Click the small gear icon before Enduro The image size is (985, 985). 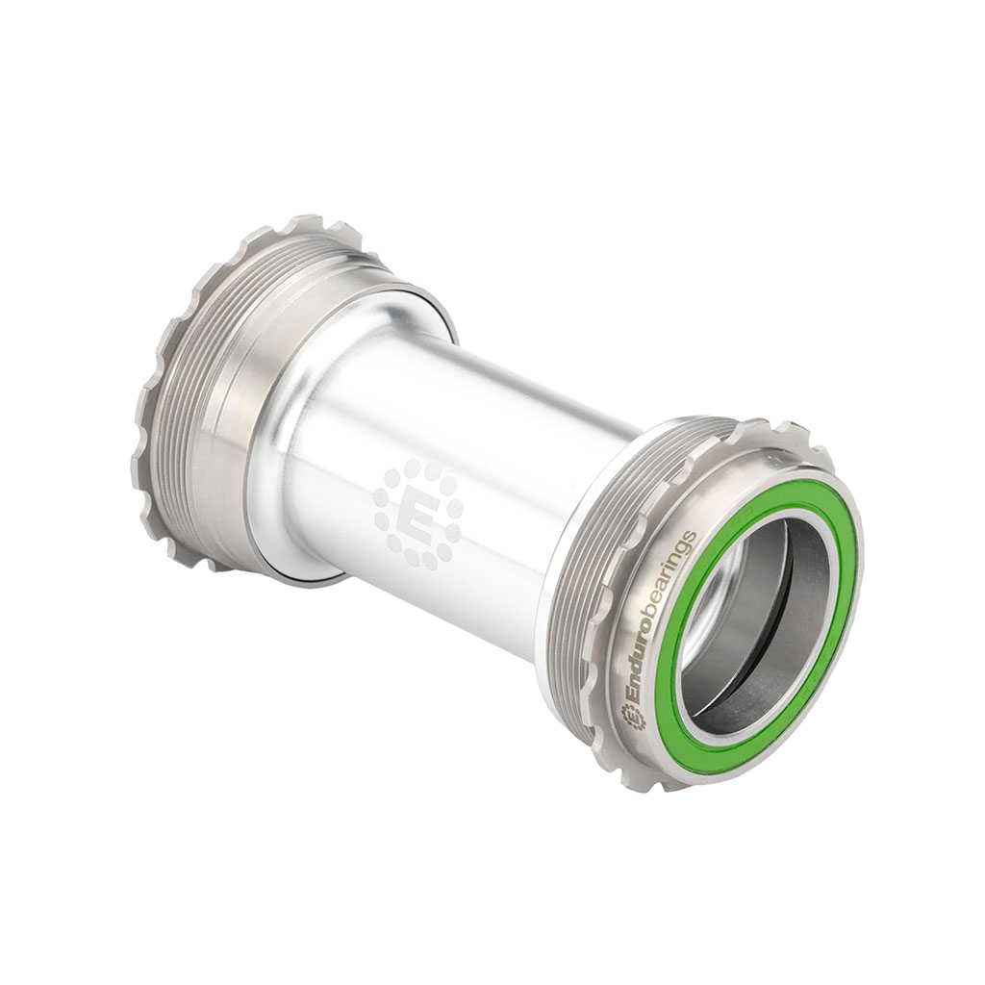pyautogui.click(x=631, y=716)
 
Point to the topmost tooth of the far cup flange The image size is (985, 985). pyautogui.click(x=308, y=223)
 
